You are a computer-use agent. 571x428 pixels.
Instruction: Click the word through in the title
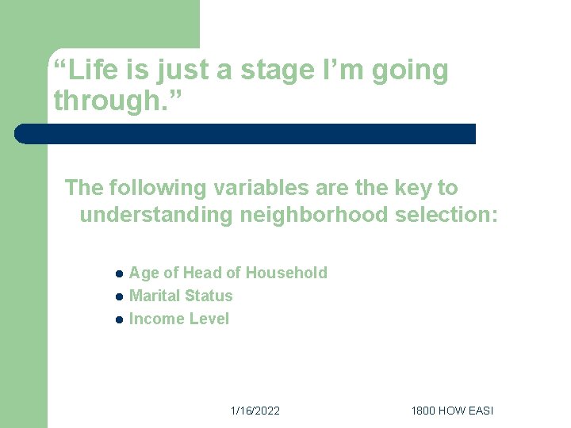[x=109, y=101]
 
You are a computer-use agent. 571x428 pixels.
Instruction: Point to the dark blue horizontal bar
[x=246, y=134]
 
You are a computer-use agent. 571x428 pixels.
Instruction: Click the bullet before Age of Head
[x=117, y=274]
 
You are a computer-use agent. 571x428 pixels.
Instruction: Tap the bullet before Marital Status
[x=117, y=297]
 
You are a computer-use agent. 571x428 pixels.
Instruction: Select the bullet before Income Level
[x=117, y=320]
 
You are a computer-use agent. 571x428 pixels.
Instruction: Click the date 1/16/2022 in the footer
[x=255, y=411]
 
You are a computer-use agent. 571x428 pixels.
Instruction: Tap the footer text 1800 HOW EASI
[x=451, y=411]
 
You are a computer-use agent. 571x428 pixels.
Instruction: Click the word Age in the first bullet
[x=144, y=273]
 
